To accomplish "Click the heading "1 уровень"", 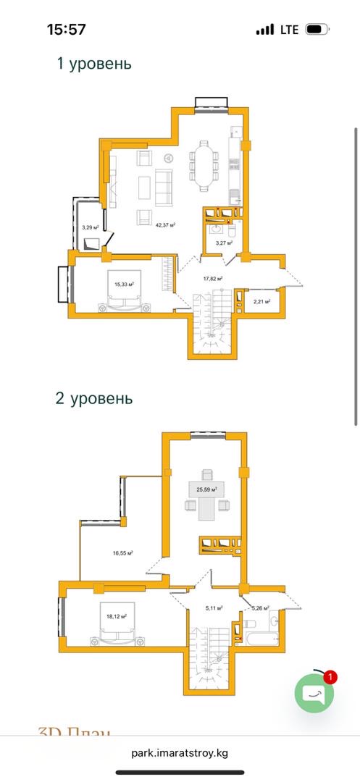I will [94, 63].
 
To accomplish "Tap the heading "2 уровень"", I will [94, 398].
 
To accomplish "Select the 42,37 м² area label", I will [166, 225].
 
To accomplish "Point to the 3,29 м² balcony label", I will [90, 227].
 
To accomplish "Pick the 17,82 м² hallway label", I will [212, 277].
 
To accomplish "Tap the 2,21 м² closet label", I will [261, 301].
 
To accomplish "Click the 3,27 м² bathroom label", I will [224, 243].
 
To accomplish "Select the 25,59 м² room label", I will [206, 489].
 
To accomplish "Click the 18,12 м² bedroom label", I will [116, 616].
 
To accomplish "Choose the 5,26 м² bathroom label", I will [260, 608].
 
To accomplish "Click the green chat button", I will [314, 694].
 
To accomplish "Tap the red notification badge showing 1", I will [330, 677].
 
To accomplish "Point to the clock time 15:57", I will [66, 30].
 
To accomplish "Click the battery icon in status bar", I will [316, 30].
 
